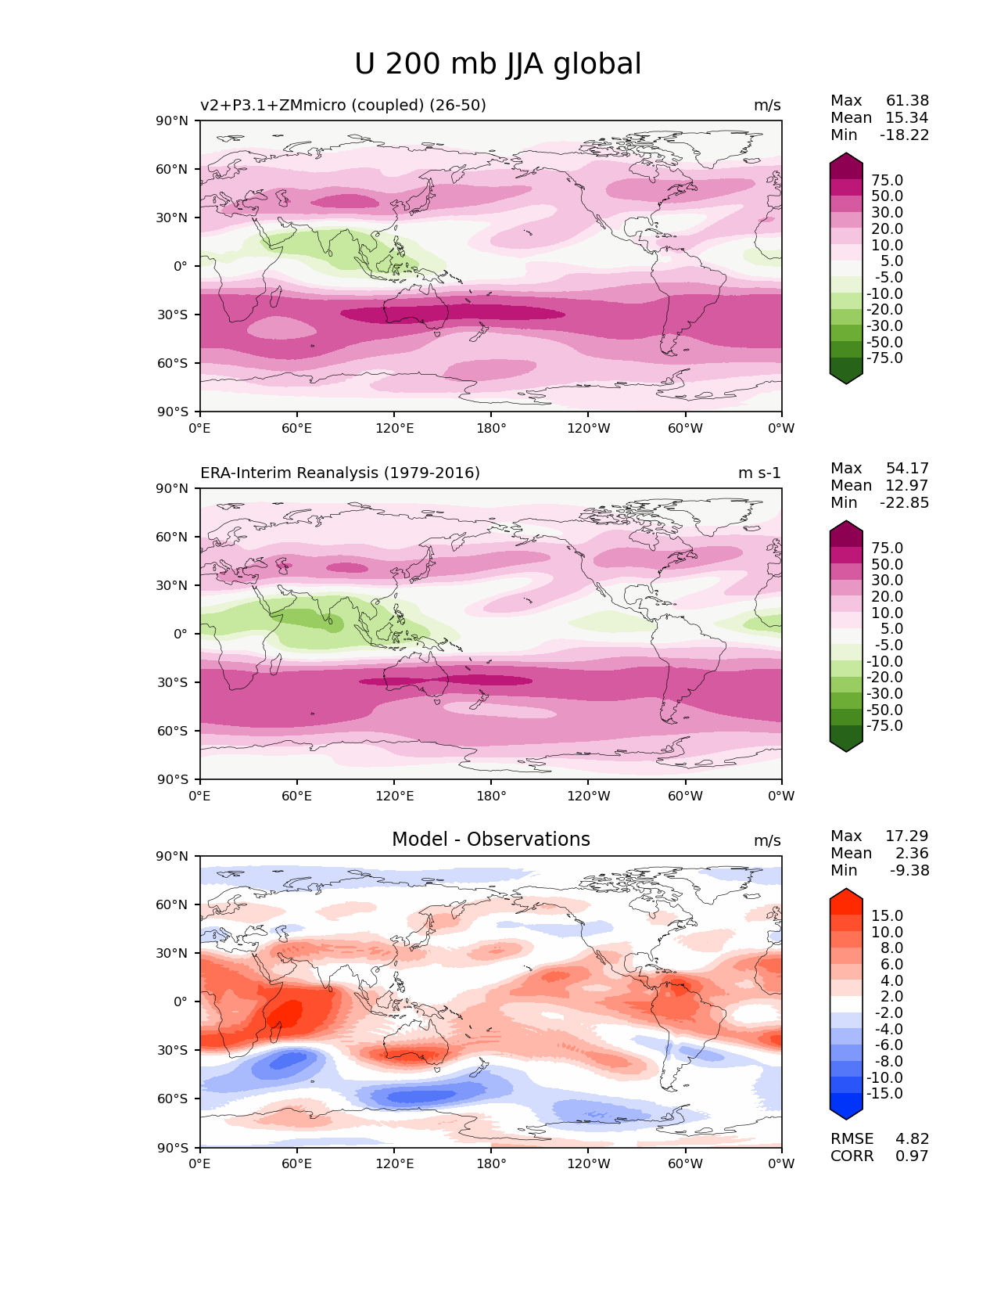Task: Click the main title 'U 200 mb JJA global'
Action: pyautogui.click(x=497, y=64)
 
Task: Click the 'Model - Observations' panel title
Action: pyautogui.click(x=490, y=840)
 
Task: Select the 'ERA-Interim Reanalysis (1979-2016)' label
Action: pyautogui.click(x=340, y=473)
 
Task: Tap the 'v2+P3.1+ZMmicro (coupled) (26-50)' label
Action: pyautogui.click(x=343, y=106)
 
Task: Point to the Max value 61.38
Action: pyautogui.click(x=907, y=101)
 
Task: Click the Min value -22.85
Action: pyautogui.click(x=905, y=503)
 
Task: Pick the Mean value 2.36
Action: pyautogui.click(x=912, y=854)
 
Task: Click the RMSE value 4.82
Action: pyautogui.click(x=912, y=1139)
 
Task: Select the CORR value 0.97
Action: pyautogui.click(x=912, y=1156)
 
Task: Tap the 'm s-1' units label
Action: pyautogui.click(x=759, y=473)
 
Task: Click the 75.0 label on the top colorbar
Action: pyautogui.click(x=887, y=181)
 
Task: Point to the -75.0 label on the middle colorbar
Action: pyautogui.click(x=885, y=726)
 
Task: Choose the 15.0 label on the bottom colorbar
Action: pyautogui.click(x=887, y=916)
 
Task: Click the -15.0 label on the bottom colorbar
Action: pyautogui.click(x=884, y=1094)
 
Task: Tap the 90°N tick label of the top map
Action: pyautogui.click(x=173, y=121)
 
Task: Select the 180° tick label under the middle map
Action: pyautogui.click(x=491, y=797)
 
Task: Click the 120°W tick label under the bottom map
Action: pyautogui.click(x=589, y=1164)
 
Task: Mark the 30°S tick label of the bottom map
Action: pyautogui.click(x=174, y=1050)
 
